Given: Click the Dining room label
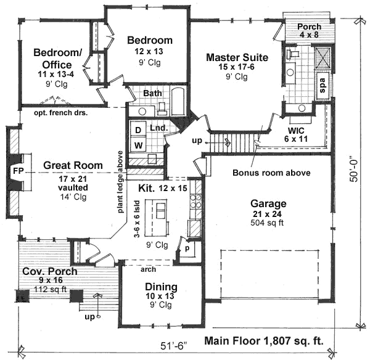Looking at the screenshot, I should tap(161, 287).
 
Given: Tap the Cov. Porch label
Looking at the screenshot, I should tap(50, 272).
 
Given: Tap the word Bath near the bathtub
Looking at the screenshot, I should tap(152, 93).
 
